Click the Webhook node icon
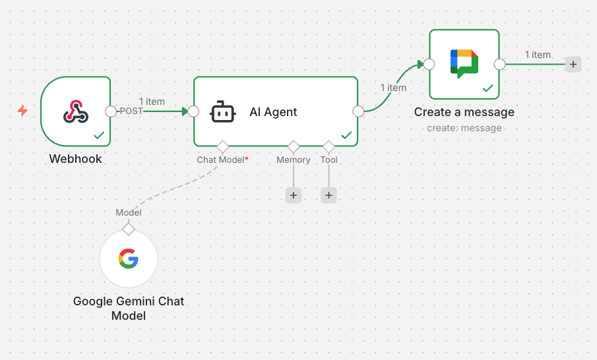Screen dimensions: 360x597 [75, 111]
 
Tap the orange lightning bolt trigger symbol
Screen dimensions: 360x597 [22, 111]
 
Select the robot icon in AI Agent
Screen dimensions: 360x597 [222, 112]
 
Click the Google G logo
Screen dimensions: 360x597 [129, 258]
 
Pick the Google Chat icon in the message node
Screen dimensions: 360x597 [464, 63]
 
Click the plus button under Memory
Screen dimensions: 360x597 [294, 195]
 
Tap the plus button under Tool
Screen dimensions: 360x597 [329, 195]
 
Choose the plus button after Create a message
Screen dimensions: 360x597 [573, 64]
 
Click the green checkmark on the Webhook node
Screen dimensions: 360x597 [99, 135]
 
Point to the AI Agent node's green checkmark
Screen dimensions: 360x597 [346, 135]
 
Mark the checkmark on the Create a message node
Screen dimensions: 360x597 [488, 88]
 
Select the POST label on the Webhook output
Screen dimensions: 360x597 [131, 111]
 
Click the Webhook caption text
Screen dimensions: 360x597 [75, 159]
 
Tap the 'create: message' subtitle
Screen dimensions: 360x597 [464, 128]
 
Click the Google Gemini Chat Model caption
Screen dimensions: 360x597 [129, 309]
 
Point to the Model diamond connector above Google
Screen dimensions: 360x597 [129, 229]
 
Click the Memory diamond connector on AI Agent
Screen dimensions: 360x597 [294, 146]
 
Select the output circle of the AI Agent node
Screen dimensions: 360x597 [358, 111]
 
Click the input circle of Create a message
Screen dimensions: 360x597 [429, 64]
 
